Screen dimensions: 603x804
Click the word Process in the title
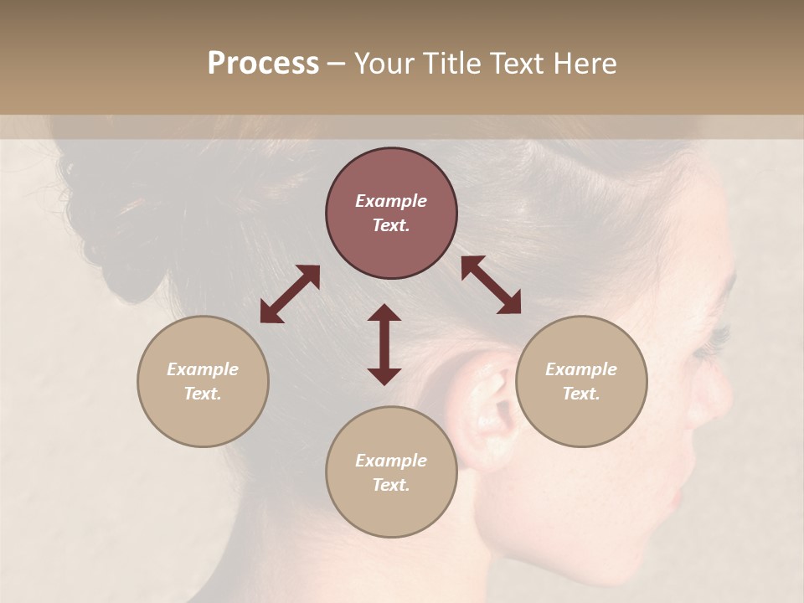(263, 63)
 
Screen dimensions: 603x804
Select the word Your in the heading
(383, 63)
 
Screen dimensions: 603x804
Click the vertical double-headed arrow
(384, 344)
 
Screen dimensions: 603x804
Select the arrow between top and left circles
(290, 294)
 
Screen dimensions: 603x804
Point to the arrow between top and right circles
(491, 286)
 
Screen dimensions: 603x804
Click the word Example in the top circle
(391, 201)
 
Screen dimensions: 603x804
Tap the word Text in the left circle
(203, 394)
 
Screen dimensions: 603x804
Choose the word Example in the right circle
(581, 369)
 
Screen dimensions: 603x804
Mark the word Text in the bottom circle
(391, 485)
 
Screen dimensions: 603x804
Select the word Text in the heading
(520, 63)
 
